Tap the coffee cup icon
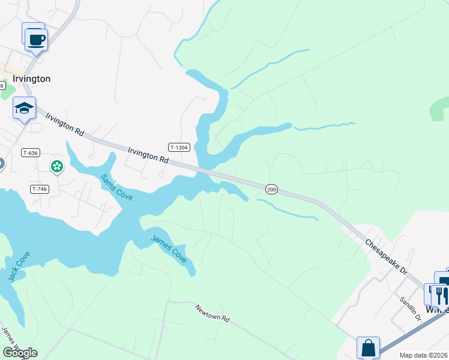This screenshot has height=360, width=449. pos(37,39)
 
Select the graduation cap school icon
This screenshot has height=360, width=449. pos(24,108)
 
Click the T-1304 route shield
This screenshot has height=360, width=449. pos(179,147)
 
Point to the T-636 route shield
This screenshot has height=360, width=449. pos(30,153)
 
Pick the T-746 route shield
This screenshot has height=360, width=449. pos(38,189)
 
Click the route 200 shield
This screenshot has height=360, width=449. pos(271,189)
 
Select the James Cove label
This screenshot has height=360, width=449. pos(169,250)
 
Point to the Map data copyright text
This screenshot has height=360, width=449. pos(424,355)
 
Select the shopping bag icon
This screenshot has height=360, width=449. pos(368,347)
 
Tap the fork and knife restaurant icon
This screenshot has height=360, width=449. pos(439,295)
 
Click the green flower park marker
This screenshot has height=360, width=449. pos(57,166)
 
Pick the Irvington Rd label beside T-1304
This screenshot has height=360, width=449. pos(148,157)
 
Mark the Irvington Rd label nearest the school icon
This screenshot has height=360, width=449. pos(64,122)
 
